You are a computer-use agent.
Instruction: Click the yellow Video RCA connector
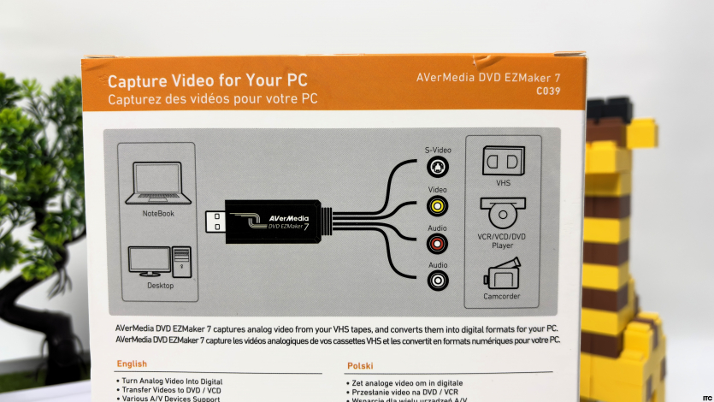[437, 206]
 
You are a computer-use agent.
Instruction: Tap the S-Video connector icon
[438, 167]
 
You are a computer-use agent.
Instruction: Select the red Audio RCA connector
[437, 244]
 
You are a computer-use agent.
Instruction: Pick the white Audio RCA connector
[438, 281]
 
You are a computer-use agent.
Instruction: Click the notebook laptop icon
[158, 183]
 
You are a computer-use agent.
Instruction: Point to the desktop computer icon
[159, 262]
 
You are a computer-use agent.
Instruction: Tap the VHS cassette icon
[503, 161]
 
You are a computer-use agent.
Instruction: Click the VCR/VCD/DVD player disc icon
[503, 213]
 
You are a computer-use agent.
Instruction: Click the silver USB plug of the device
[215, 222]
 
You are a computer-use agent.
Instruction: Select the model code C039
[548, 91]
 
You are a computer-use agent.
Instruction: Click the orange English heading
[132, 364]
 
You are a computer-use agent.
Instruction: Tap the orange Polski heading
[360, 365]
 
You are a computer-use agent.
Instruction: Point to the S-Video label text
[438, 150]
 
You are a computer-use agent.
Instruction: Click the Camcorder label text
[501, 297]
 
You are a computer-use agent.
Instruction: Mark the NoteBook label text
[158, 214]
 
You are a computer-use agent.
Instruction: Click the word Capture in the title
[137, 81]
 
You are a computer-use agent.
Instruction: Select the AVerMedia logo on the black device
[288, 219]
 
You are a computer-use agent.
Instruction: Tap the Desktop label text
[160, 286]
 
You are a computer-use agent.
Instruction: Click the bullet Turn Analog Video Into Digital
[172, 381]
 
